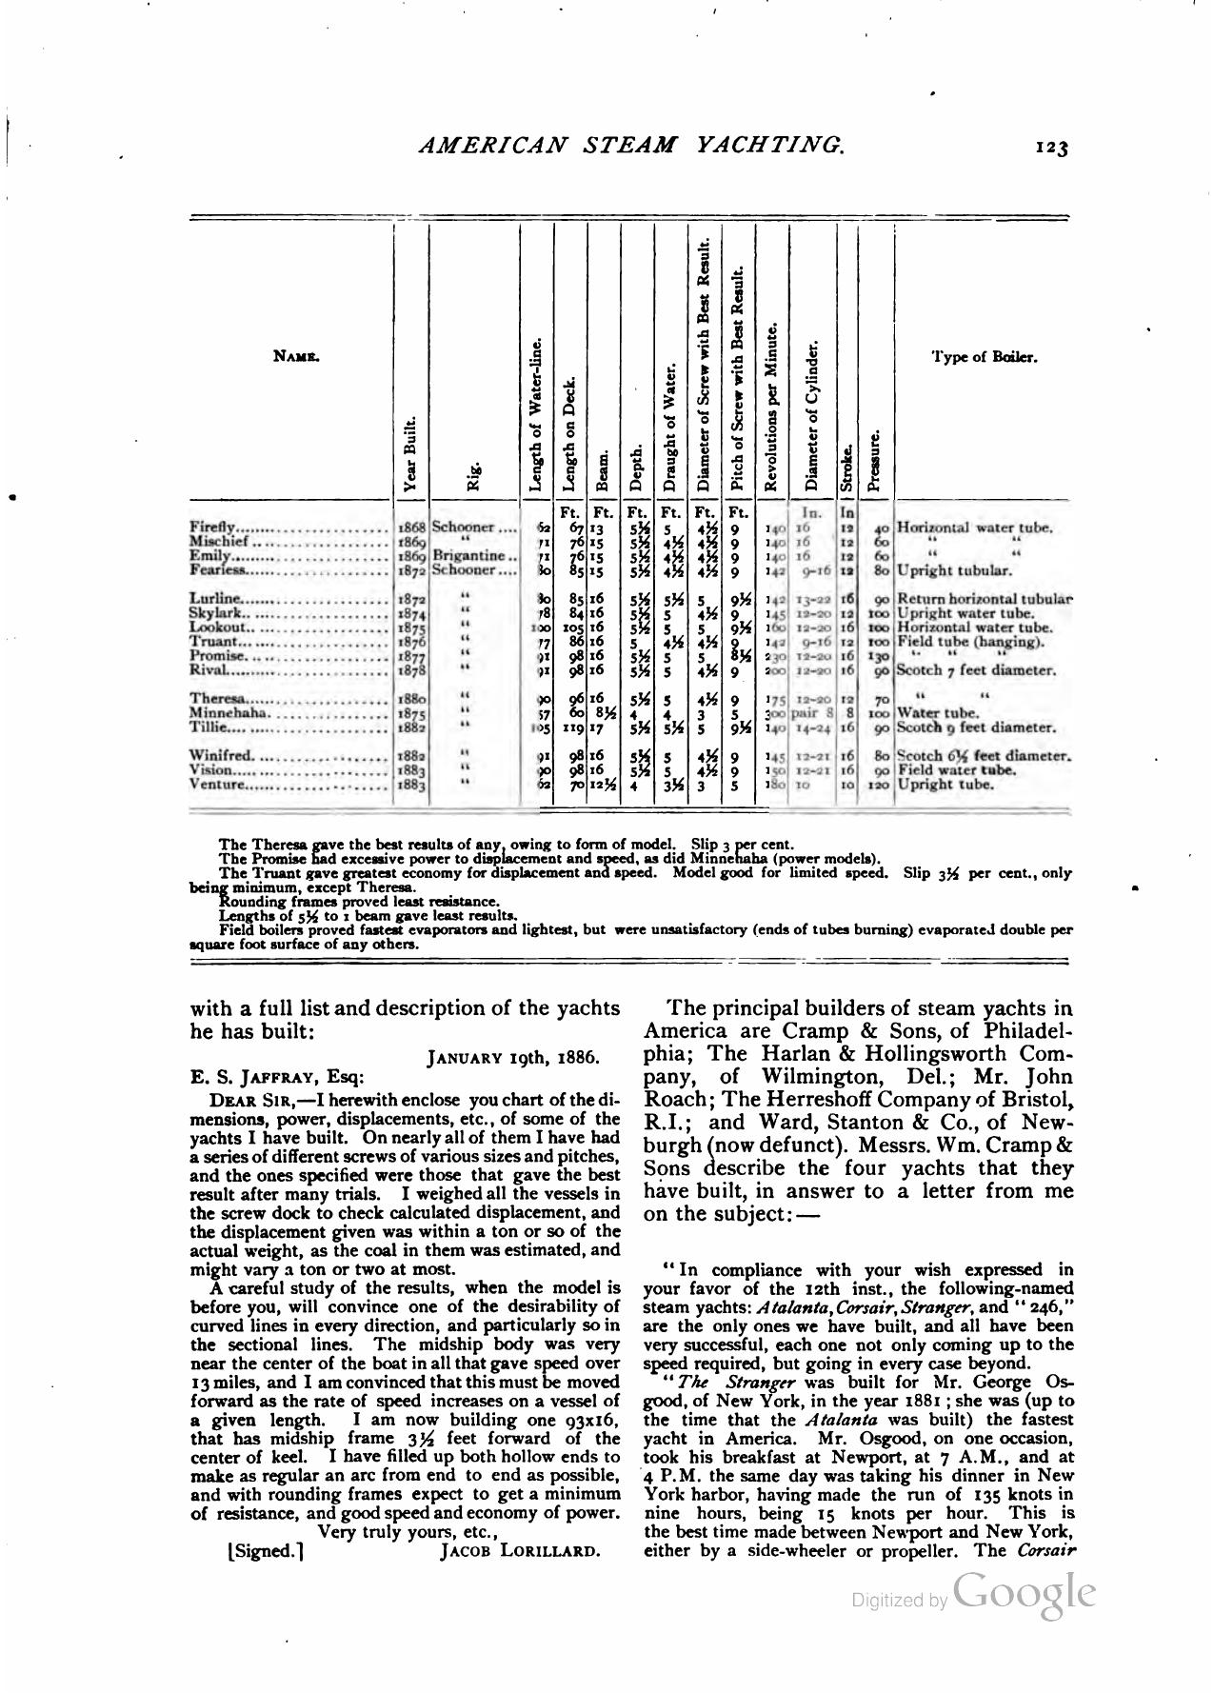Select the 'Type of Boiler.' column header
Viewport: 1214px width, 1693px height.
coord(984,358)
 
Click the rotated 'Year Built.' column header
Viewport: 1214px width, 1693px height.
coord(410,453)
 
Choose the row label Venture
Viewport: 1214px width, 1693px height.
coord(218,786)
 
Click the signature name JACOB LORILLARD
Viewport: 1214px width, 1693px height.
coord(520,1551)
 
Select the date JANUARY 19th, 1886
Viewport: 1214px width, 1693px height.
coord(512,1057)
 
